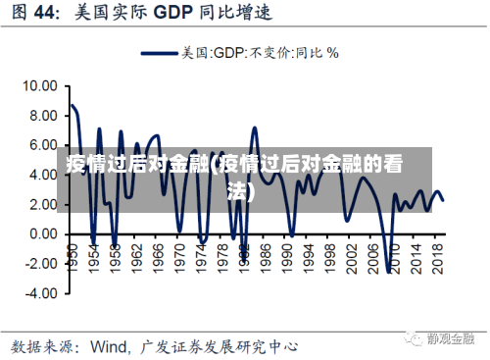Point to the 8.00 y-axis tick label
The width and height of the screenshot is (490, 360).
coord(42,116)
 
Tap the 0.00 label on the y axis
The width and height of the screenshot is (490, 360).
coord(42,233)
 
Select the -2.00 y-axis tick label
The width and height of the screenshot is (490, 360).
coord(39,263)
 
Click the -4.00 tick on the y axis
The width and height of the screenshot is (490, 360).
coord(39,292)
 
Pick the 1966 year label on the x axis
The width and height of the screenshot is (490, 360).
coord(156,252)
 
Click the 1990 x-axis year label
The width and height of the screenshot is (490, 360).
coord(292,252)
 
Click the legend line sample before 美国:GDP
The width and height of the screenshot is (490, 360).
coord(160,53)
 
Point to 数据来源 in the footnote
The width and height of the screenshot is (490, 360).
coord(43,345)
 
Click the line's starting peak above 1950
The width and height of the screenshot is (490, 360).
coord(71,105)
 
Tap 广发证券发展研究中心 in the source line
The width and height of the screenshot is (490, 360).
coord(220,345)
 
